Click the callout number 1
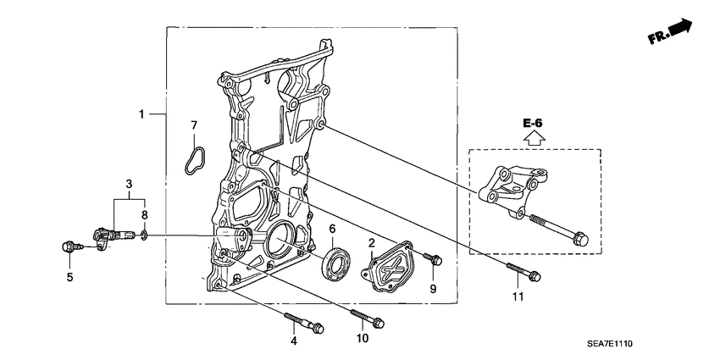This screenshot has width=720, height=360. click(x=142, y=113)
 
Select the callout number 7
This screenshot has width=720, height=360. click(x=193, y=126)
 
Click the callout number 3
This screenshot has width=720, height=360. click(x=129, y=184)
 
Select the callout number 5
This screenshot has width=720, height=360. click(x=70, y=277)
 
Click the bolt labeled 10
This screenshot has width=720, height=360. click(x=366, y=320)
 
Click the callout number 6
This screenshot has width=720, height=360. click(x=333, y=229)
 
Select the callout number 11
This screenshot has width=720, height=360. click(x=518, y=297)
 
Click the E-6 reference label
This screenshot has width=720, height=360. click(x=532, y=124)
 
